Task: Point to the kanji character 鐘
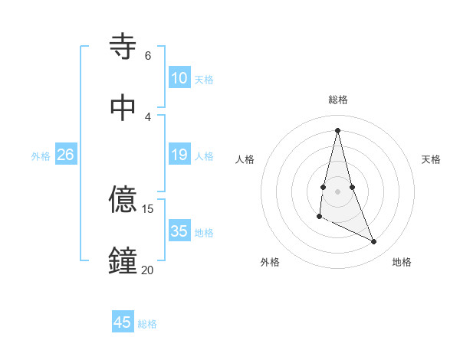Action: pos(123,261)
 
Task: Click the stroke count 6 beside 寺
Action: pos(147,56)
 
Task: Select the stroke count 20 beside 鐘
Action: pos(147,270)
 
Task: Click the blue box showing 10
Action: pos(179,78)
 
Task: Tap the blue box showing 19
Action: pos(179,155)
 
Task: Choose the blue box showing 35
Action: pos(179,231)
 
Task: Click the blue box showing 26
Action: pos(65,155)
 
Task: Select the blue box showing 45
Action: pos(123,322)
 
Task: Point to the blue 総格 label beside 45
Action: pos(147,324)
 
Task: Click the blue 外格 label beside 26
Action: pos(41,156)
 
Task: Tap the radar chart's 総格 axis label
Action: pos(338,100)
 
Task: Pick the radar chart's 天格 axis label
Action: pos(432,159)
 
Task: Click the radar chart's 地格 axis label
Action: pos(402,262)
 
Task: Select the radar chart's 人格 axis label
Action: pos(245,159)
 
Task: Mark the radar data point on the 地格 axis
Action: pos(374,242)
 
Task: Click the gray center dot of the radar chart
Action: pos(338,191)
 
